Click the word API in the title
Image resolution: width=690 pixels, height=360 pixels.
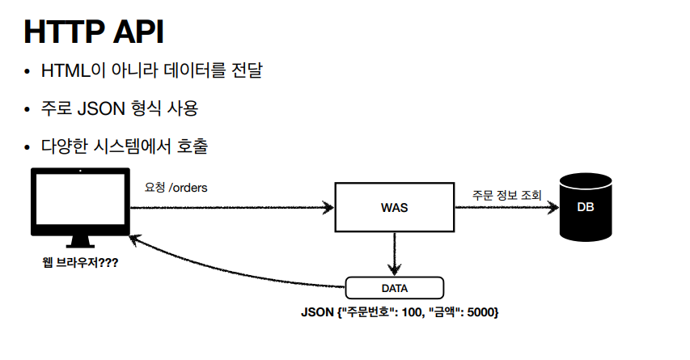pos(138,32)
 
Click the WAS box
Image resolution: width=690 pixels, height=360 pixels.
pos(394,207)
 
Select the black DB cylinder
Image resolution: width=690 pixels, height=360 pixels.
pos(586,208)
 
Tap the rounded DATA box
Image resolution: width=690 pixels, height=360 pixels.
pos(394,288)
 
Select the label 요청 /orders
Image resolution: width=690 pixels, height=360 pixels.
pos(176,188)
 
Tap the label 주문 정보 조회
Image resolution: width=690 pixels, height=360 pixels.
pos(507,195)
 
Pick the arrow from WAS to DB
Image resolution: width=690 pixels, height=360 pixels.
pos(506,208)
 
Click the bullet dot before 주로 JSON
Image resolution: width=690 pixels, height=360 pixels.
pos(28,109)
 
